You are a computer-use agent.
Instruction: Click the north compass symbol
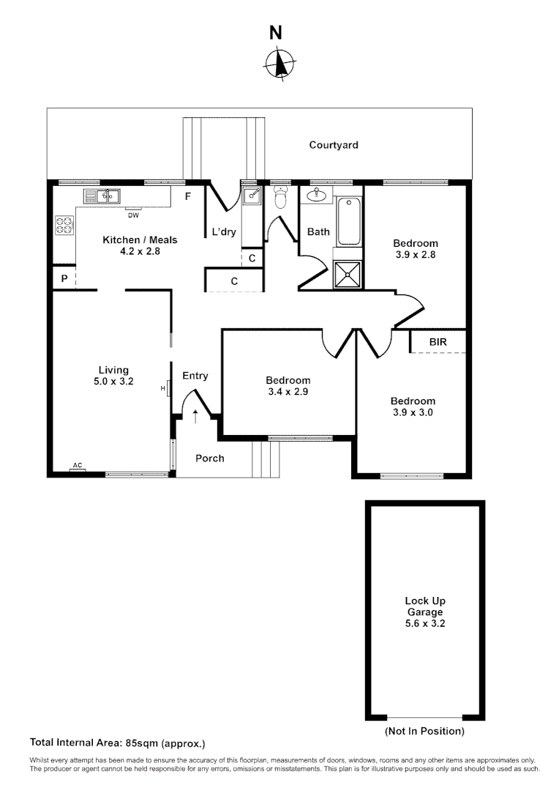click(x=279, y=64)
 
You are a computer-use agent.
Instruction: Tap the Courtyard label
click(x=334, y=145)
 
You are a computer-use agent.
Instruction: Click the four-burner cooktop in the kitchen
click(x=64, y=226)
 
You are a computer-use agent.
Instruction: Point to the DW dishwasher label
click(x=133, y=215)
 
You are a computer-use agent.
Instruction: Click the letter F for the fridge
click(x=188, y=196)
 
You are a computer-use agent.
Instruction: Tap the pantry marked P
click(x=64, y=278)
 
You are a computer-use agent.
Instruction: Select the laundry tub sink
click(x=251, y=195)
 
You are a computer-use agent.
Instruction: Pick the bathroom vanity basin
click(x=318, y=195)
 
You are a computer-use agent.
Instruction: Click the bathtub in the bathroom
click(x=348, y=220)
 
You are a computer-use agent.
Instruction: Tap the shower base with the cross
click(x=348, y=275)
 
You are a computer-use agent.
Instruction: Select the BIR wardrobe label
click(x=438, y=342)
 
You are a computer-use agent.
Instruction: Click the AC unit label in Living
click(x=77, y=466)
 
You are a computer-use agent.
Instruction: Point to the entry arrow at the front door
click(x=195, y=417)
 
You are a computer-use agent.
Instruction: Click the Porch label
click(x=210, y=458)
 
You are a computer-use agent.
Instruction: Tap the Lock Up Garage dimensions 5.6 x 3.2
click(x=425, y=624)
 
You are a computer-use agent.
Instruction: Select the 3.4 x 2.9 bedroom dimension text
click(x=288, y=392)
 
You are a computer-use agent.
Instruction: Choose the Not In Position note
click(x=424, y=731)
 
